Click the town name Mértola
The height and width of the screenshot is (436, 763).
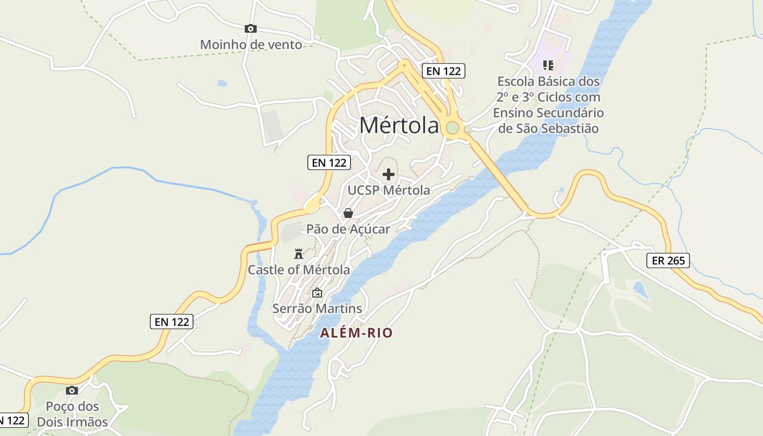pos(399,125)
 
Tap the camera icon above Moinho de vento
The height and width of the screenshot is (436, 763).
pos(250,28)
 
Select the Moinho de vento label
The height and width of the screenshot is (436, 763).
pos(251,45)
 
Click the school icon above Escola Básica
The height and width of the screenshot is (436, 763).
pos(548,65)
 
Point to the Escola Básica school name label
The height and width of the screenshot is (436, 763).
pos(548,105)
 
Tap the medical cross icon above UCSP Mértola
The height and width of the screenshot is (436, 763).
pos(389,174)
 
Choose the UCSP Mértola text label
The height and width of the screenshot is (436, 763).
pos(389,190)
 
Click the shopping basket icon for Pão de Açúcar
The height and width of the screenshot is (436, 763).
pos(348,213)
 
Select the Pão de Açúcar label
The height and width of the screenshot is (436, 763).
pos(348,229)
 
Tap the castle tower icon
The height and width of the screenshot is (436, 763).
pos(298,253)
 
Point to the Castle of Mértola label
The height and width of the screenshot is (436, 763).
pos(299,270)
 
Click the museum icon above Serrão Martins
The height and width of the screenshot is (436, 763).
pos(317,293)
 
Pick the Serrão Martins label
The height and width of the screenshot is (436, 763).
pos(317,308)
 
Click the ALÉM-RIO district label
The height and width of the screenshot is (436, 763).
pos(356,332)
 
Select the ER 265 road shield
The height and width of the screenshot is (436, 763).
pos(668,261)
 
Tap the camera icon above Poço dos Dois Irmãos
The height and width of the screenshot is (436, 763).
pos(71,390)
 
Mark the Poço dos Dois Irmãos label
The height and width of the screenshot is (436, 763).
pos(72,414)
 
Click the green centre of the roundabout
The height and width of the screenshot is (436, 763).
pos(452,128)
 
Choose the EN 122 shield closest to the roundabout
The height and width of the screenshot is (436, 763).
pos(444,70)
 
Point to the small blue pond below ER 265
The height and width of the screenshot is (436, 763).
pos(641,289)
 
